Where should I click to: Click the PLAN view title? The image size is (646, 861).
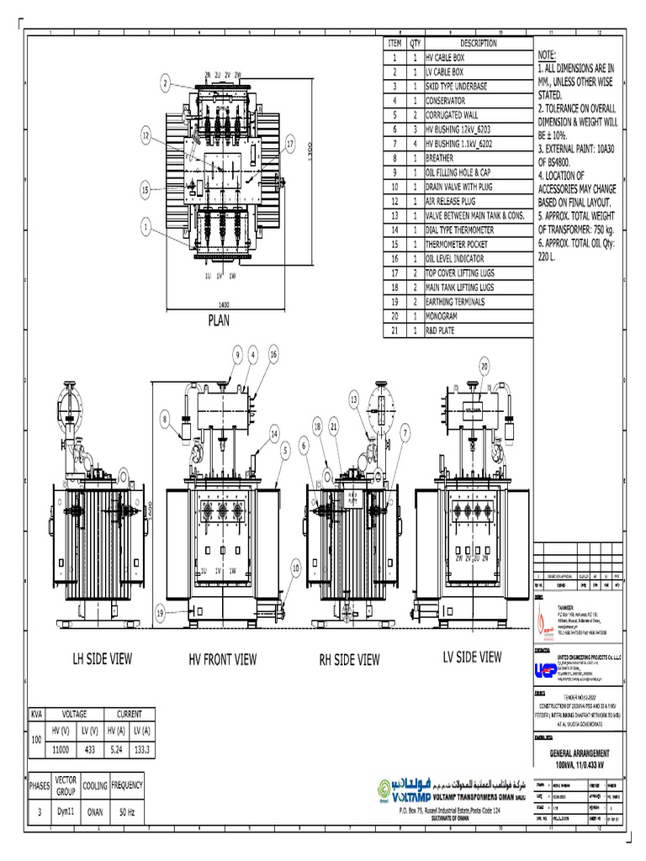[x=219, y=320]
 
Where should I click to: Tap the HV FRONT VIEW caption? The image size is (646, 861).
[x=222, y=659]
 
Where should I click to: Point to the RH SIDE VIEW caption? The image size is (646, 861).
[x=349, y=660]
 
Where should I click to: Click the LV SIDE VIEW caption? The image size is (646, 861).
[x=472, y=657]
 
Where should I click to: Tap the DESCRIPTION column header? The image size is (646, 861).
[x=478, y=43]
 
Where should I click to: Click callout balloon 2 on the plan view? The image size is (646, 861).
[x=166, y=82]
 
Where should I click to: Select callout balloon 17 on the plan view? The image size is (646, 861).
[x=291, y=144]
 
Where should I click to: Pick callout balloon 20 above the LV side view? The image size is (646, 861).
[x=485, y=366]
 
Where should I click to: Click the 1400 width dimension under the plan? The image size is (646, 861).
[x=223, y=304]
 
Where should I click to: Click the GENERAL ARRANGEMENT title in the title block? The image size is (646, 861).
[x=579, y=753]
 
